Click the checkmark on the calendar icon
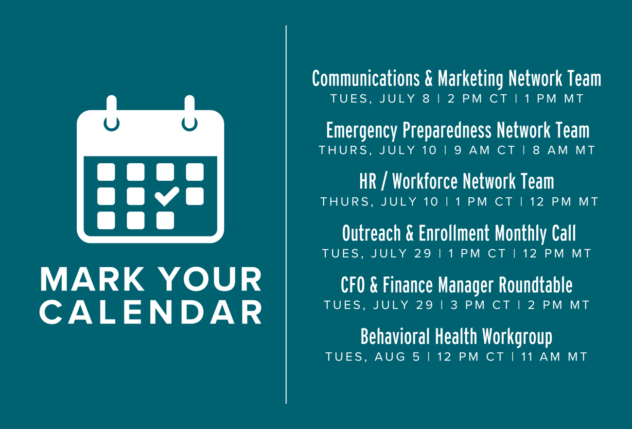pos(167,196)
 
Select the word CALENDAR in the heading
pos(151,312)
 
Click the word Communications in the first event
pos(366,78)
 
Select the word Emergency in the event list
pos(362,131)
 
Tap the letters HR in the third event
pos(368,181)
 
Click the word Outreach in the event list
pos(371,233)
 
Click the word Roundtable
pos(536,285)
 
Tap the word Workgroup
pos(517,337)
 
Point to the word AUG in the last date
pos(390,357)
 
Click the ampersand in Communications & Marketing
pos(429,78)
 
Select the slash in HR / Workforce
pos(384,182)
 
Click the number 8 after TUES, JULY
pos(426,99)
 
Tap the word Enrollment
pos(454,233)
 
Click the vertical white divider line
pos(286,214)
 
